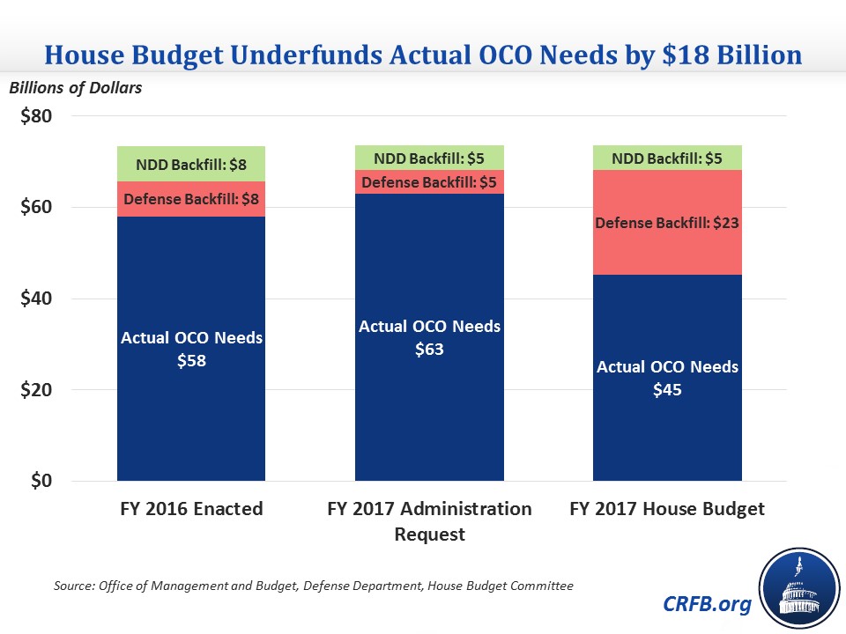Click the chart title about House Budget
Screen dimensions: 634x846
coord(423,55)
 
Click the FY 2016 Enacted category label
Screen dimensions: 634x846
coord(191,510)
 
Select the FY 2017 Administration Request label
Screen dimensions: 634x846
coord(429,521)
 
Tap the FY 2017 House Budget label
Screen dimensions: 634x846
coord(667,510)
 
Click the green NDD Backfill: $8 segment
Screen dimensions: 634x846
coord(191,164)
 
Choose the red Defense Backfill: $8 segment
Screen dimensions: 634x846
coord(191,199)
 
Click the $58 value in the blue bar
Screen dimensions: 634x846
coord(191,361)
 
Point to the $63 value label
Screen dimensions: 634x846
coord(429,349)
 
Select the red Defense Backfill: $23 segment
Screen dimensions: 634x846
coord(667,224)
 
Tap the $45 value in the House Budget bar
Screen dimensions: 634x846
coord(667,389)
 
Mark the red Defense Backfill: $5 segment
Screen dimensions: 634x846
coord(429,182)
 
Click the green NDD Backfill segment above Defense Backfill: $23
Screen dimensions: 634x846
coord(667,158)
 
